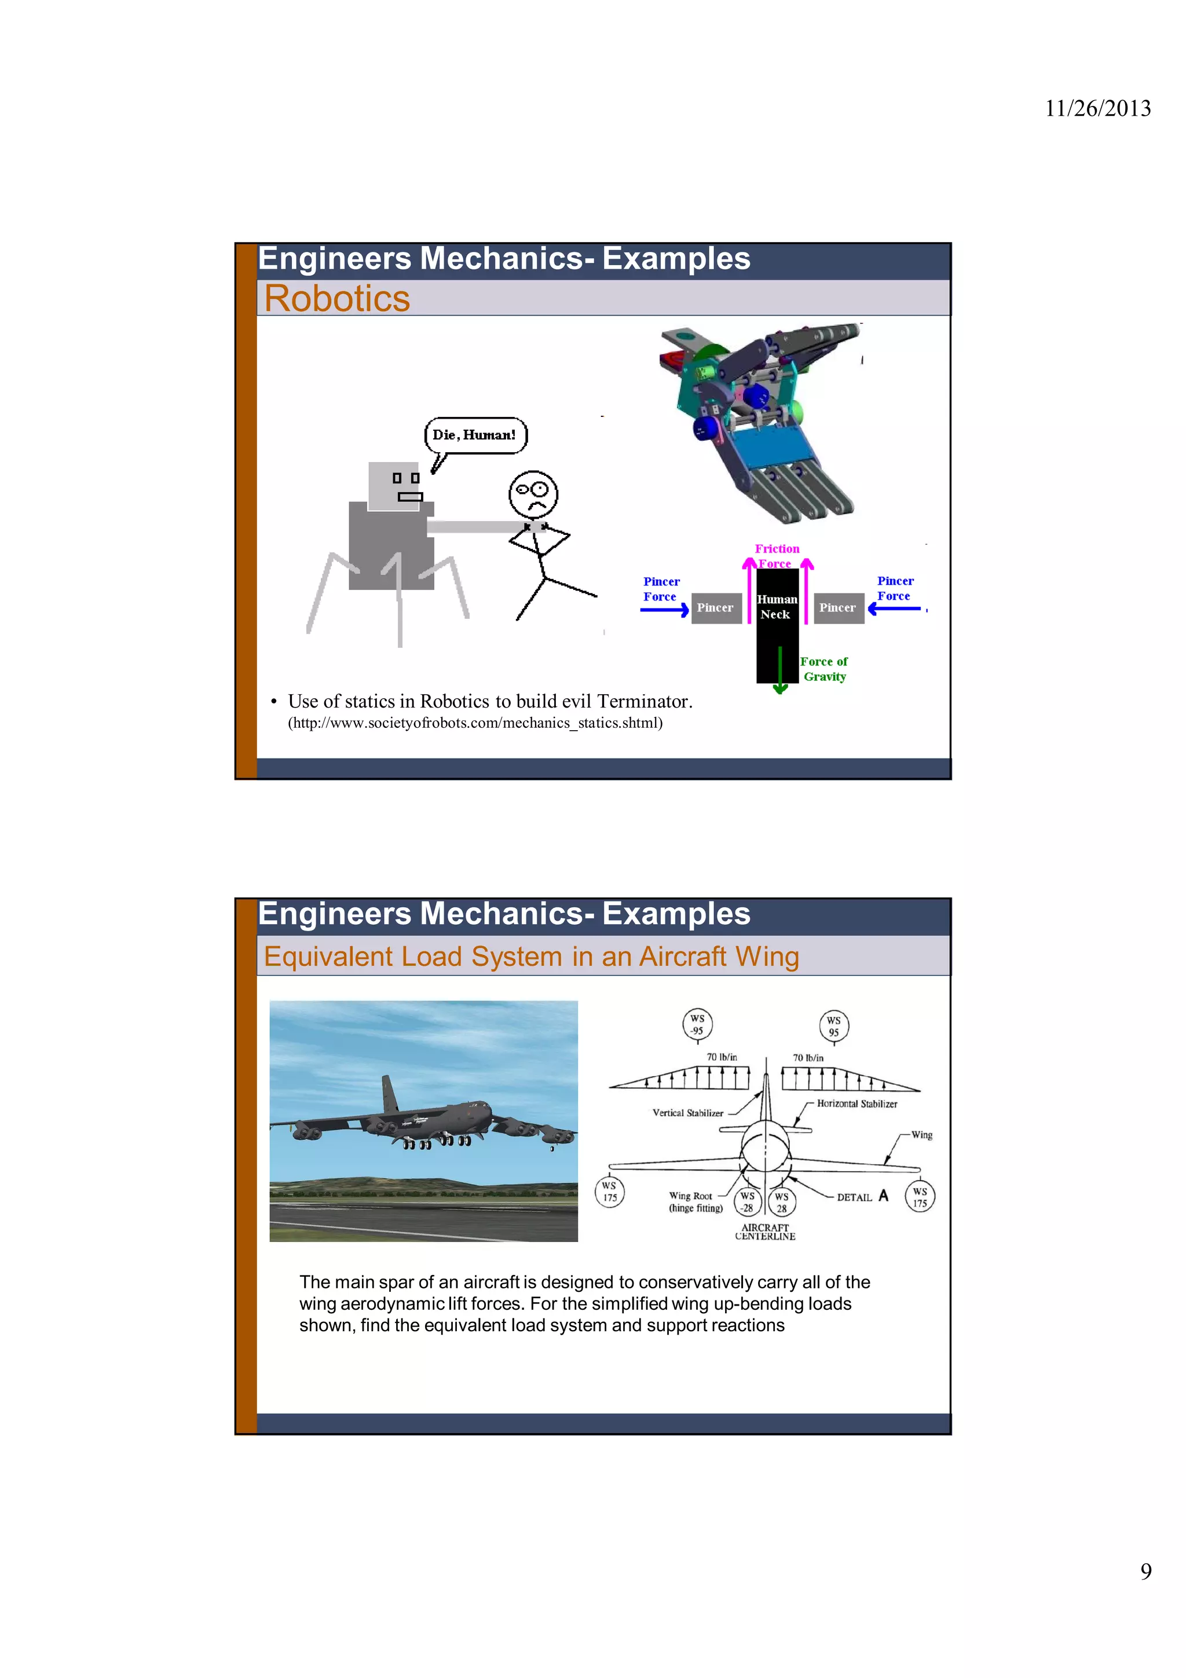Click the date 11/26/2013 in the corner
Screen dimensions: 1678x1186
click(x=1097, y=109)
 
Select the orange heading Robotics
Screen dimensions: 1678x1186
click(x=337, y=298)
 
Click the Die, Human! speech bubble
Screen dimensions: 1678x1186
click(x=475, y=435)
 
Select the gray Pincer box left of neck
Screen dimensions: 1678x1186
click(x=715, y=608)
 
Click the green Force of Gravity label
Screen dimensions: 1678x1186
click(x=824, y=669)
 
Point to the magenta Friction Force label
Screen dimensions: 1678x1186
click(x=777, y=555)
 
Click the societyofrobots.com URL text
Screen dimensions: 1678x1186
click(x=475, y=723)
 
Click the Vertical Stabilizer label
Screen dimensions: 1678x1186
click(x=687, y=1113)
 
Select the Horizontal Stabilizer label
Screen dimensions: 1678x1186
click(x=856, y=1104)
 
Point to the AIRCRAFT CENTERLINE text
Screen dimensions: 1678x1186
click(x=765, y=1232)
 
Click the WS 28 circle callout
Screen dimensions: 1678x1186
click(x=782, y=1202)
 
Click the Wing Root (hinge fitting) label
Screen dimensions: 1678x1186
click(x=695, y=1201)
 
